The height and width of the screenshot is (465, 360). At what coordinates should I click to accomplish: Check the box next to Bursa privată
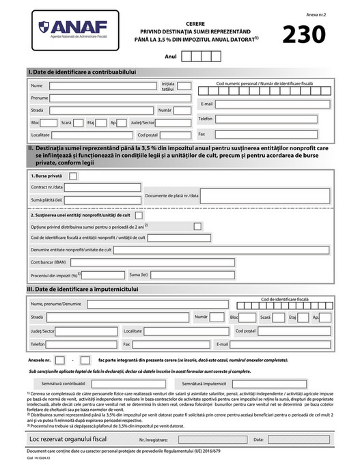point(74,175)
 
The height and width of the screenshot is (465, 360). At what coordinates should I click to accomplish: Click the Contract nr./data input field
point(102,186)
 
